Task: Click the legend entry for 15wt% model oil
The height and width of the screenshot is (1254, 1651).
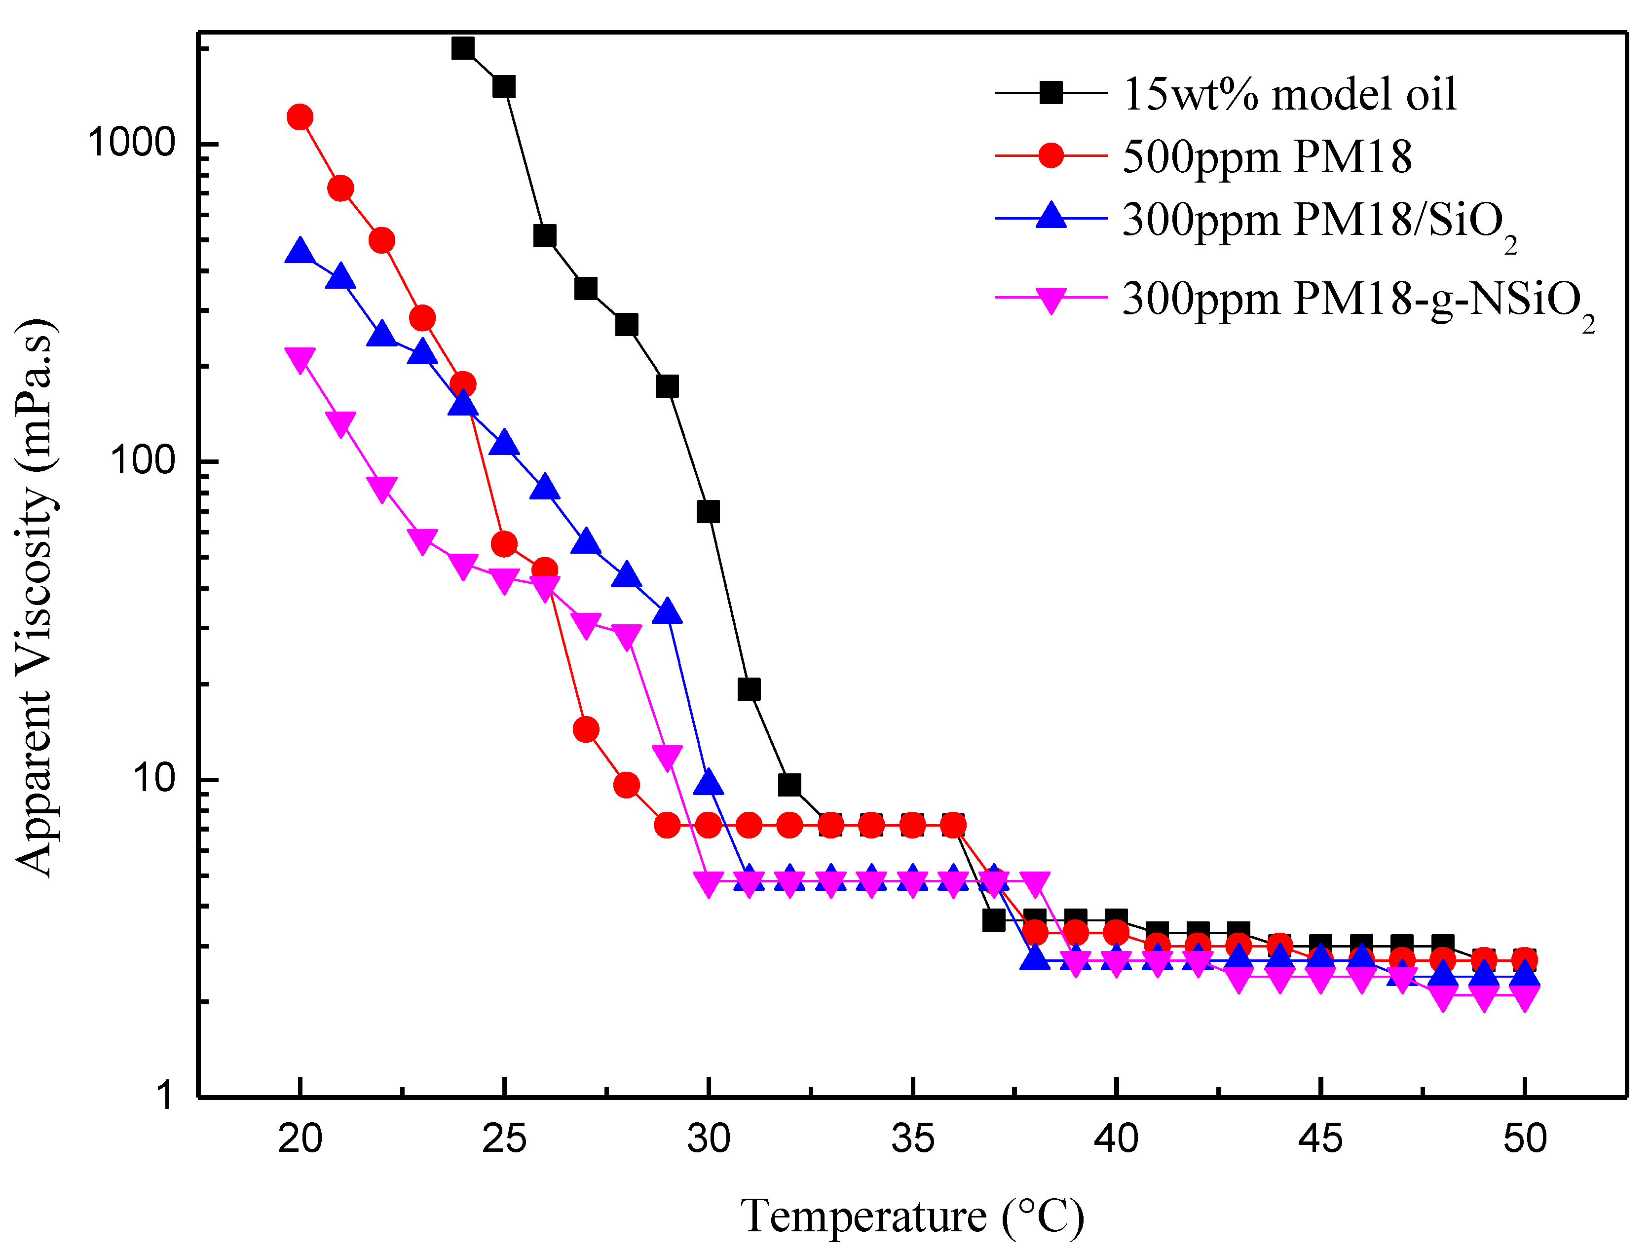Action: (1288, 94)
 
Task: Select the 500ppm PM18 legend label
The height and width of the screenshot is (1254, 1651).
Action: (1267, 157)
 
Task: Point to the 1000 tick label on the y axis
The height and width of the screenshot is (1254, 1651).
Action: (131, 142)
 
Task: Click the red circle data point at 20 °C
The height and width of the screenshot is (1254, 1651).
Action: (300, 117)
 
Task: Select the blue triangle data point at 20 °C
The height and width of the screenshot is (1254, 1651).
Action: (300, 252)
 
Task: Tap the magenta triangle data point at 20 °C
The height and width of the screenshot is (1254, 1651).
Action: (300, 359)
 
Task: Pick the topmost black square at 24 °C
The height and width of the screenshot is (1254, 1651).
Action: (463, 48)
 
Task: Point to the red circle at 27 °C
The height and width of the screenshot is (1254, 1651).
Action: (585, 729)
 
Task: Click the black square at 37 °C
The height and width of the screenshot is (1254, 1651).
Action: (993, 920)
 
